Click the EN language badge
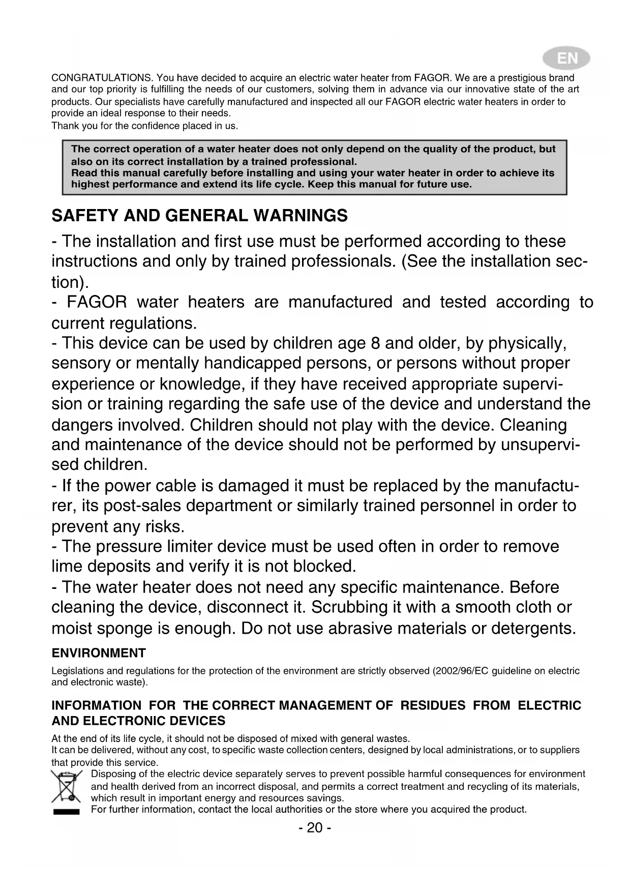tap(566, 59)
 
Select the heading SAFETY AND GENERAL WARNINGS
tap(199, 216)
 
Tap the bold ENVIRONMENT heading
tap(99, 653)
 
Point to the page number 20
tap(315, 828)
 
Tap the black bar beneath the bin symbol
tap(66, 812)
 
